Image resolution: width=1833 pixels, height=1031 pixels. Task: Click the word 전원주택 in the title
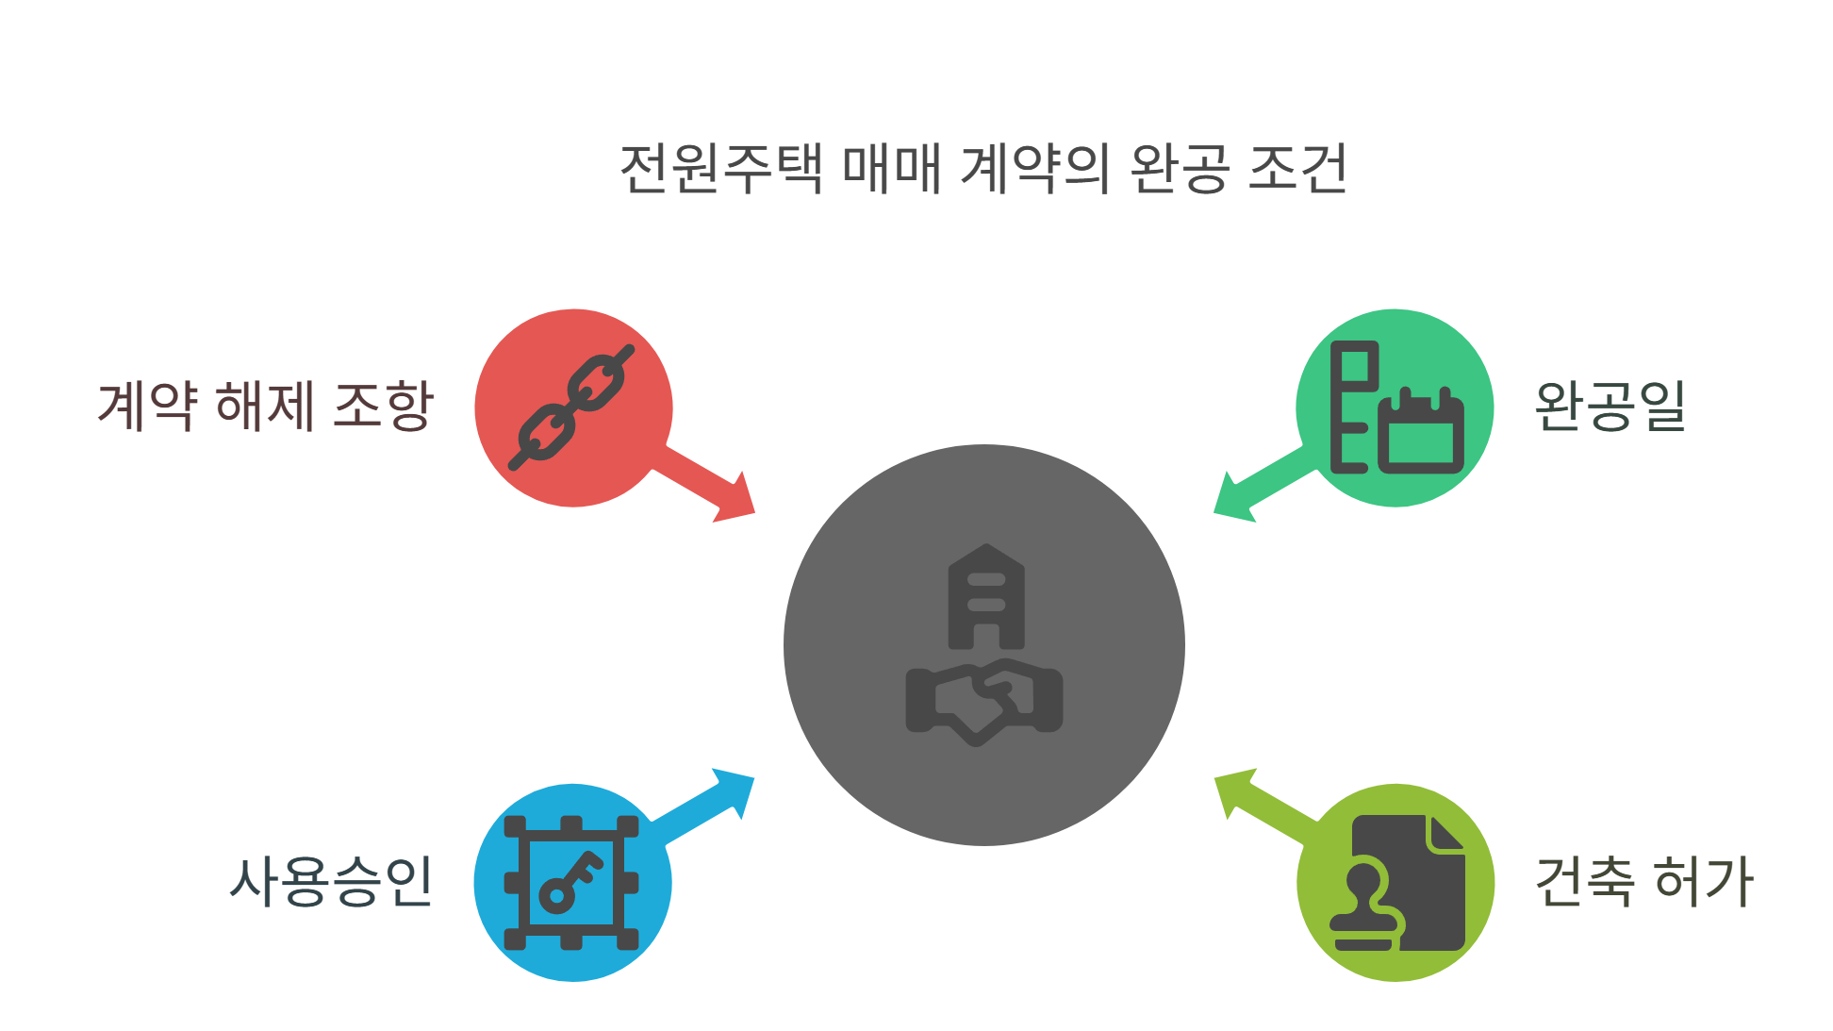[721, 170]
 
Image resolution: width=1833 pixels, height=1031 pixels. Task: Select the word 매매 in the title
[891, 170]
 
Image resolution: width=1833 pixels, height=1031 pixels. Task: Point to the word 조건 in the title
[1298, 170]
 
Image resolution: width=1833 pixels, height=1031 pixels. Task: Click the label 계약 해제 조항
[265, 407]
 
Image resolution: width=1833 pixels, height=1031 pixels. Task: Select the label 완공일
[1610, 407]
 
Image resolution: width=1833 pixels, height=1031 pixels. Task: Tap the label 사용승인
[331, 882]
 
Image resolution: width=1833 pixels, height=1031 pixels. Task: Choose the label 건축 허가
[1643, 882]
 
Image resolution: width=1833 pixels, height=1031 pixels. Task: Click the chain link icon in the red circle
[572, 407]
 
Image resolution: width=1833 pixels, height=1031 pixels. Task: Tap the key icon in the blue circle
[570, 881]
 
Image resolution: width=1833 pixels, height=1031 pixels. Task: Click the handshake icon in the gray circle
[984, 702]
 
